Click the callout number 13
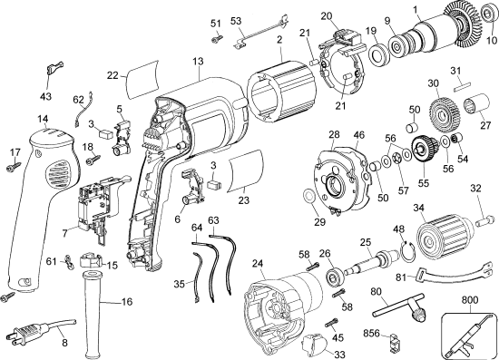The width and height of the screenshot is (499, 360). pos(198,62)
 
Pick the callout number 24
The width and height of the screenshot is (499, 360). pos(258,266)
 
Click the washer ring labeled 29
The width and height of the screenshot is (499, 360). pos(311,196)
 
